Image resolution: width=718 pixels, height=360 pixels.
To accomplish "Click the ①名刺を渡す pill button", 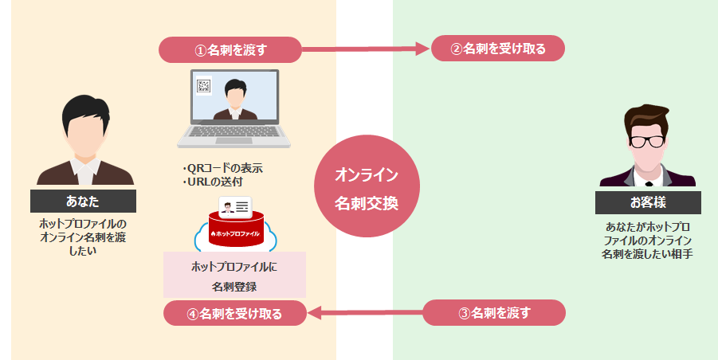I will [x=230, y=49].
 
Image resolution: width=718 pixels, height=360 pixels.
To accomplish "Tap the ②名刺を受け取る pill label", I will [x=498, y=49].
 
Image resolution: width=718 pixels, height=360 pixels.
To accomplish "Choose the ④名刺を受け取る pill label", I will [x=234, y=313].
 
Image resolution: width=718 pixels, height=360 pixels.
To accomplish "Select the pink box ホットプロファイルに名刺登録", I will [x=234, y=275].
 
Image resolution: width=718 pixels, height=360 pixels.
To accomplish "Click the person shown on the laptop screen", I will [x=236, y=100].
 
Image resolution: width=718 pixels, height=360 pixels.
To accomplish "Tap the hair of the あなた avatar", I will [x=83, y=110].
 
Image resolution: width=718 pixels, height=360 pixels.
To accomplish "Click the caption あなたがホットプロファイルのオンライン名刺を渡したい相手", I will [x=647, y=240].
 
